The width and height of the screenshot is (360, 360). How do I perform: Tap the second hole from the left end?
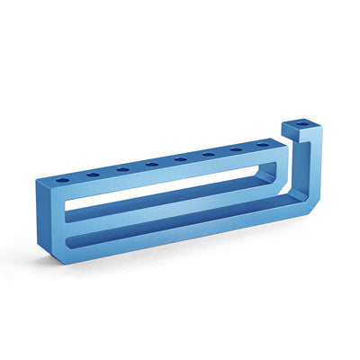pos(93,174)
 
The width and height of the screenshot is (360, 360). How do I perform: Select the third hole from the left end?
pos(122,168)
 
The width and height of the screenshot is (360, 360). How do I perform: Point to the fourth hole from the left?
pos(151,164)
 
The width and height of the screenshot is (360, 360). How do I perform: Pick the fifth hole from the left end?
pos(180,159)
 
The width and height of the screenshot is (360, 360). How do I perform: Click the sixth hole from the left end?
pos(209,155)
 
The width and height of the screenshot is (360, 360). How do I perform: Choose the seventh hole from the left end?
pos(236,150)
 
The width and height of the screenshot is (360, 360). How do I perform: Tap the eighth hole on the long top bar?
pos(262,144)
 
